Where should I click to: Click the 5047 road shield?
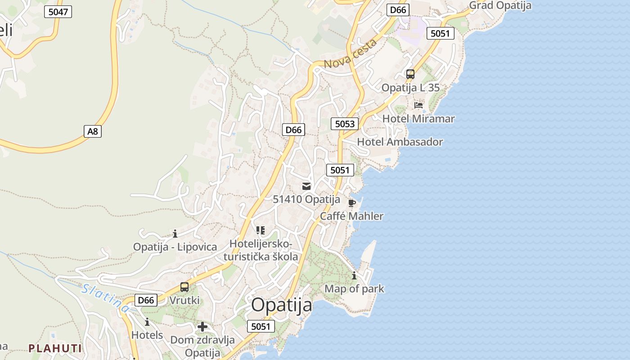[x=58, y=12]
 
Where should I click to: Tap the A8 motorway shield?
[x=92, y=131]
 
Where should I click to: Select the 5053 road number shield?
[x=345, y=124]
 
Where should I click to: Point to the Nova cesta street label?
[x=350, y=54]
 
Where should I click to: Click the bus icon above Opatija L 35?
[x=410, y=74]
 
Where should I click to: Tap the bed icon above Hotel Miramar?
[x=418, y=106]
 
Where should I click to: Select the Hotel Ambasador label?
[x=400, y=142]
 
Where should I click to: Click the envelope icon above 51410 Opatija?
[x=306, y=186]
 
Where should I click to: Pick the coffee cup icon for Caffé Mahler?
[x=351, y=203]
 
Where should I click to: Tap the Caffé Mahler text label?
[x=351, y=216]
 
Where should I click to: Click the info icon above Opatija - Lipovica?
[x=175, y=234]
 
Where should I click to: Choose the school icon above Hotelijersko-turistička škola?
[x=260, y=230]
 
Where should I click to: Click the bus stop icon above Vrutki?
[x=184, y=287]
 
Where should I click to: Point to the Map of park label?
[x=354, y=288]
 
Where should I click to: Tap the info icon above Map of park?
[x=354, y=276]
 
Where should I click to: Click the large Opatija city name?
[x=281, y=305]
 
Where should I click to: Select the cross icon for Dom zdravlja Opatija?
[x=202, y=327]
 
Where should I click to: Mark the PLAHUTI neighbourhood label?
[x=55, y=348]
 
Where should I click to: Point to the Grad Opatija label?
[x=500, y=6]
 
